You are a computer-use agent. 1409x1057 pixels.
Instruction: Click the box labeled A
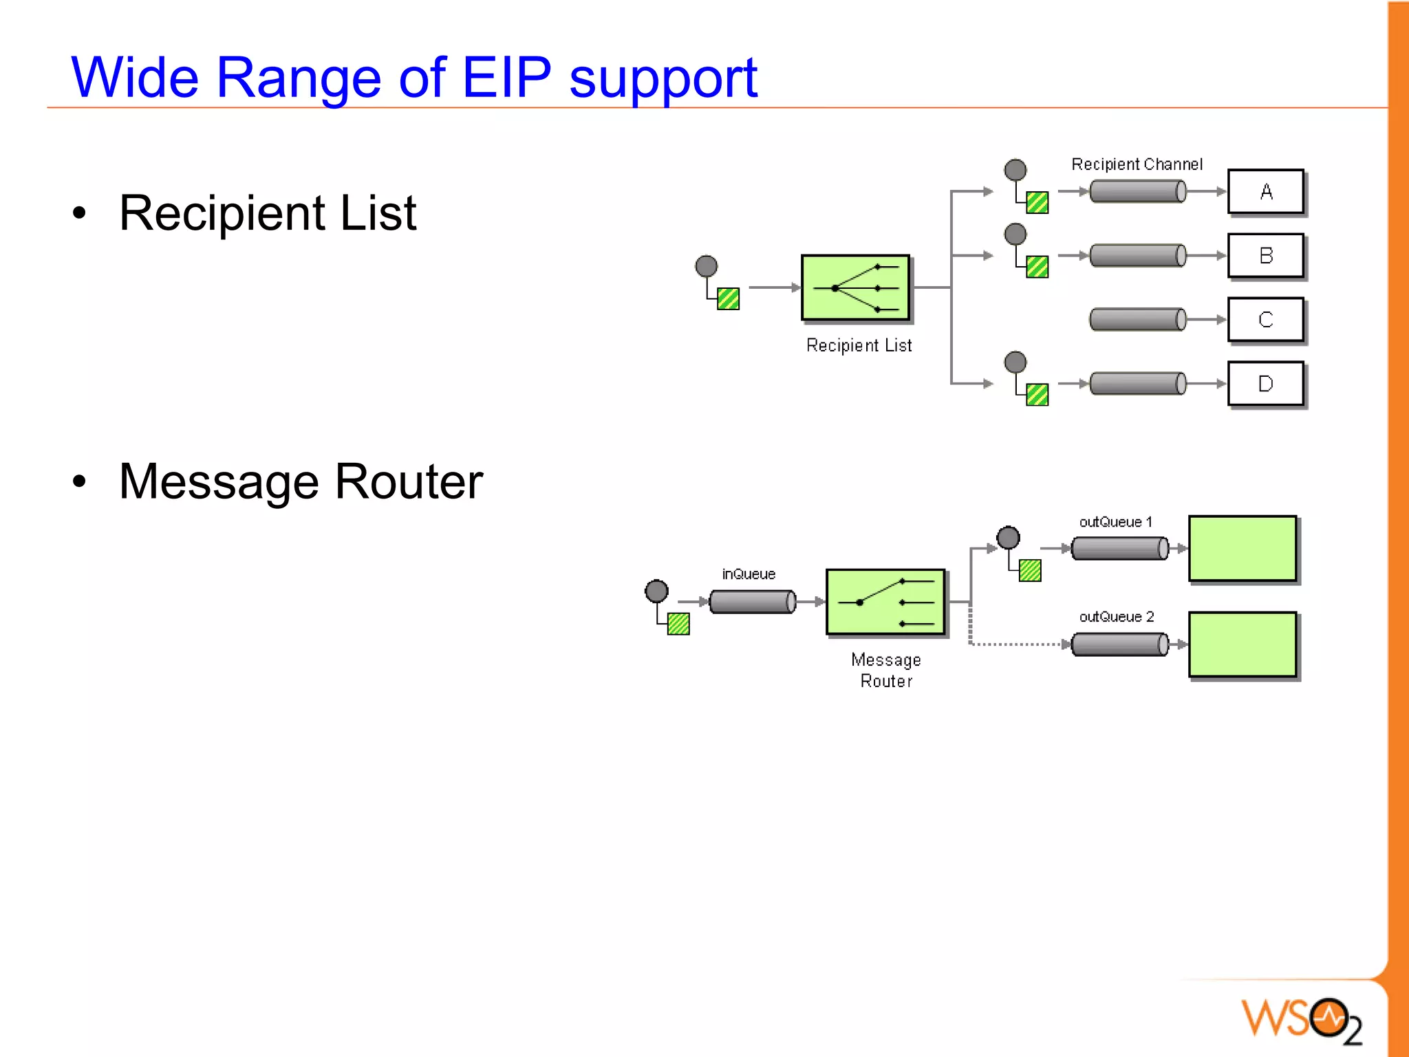[x=1265, y=192]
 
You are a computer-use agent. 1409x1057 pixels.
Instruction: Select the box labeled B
[x=1265, y=256]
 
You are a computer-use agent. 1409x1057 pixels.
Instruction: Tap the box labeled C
[x=1265, y=320]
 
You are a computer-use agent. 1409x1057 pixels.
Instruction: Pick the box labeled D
[x=1265, y=384]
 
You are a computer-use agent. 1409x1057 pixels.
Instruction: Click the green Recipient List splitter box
[x=855, y=287]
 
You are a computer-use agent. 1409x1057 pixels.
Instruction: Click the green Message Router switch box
[x=885, y=602]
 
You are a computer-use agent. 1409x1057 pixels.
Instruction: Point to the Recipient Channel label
[x=1137, y=164]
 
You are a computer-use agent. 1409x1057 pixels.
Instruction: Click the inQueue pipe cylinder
[x=753, y=602]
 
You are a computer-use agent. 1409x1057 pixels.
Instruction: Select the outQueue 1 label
[x=1115, y=522]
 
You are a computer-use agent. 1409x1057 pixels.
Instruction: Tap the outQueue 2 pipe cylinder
[x=1119, y=644]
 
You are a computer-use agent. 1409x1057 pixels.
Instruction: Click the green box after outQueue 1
[x=1243, y=549]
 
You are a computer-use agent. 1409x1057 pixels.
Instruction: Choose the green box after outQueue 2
[x=1243, y=644]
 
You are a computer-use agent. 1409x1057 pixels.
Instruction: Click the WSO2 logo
[x=1301, y=1019]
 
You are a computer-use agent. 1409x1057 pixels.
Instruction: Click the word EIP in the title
[x=506, y=77]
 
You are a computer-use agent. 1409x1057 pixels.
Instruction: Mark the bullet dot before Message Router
[x=80, y=481]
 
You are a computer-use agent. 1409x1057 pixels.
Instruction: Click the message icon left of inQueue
[x=667, y=607]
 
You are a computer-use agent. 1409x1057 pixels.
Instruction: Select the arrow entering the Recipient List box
[x=774, y=287]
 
